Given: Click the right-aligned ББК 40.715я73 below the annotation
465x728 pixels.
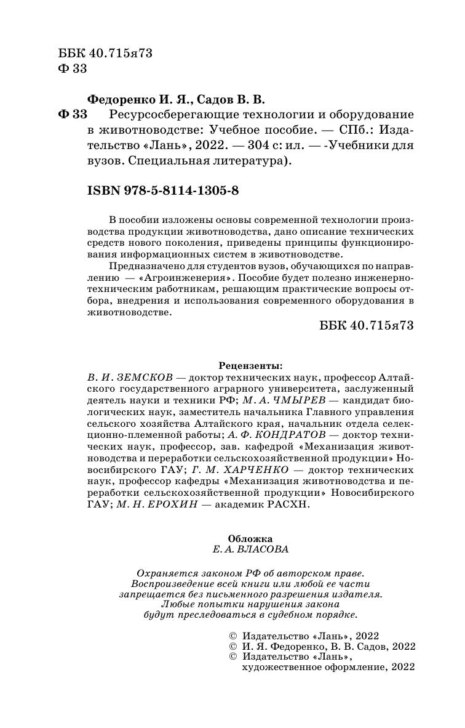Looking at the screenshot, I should tap(367, 325).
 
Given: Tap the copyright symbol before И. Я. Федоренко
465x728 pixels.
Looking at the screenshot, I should tap(232, 647).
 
